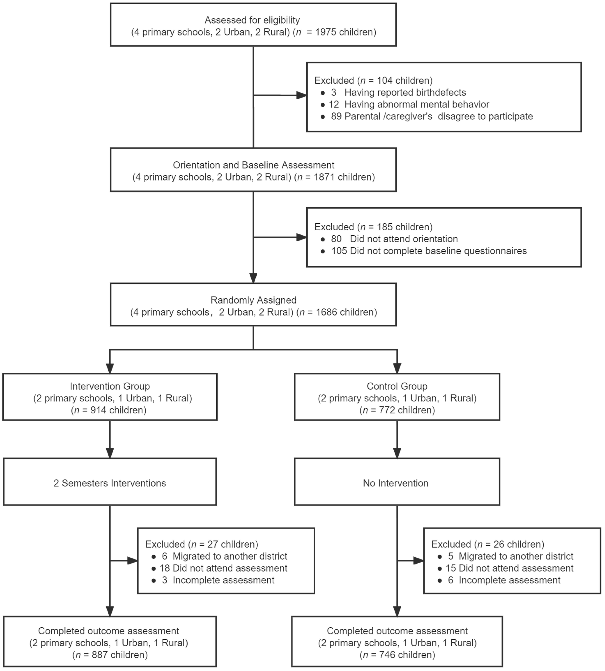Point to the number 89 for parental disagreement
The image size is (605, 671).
click(x=336, y=116)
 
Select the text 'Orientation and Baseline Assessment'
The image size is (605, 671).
click(x=253, y=165)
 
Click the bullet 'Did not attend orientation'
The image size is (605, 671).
click(x=404, y=239)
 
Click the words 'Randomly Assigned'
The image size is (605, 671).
click(x=253, y=300)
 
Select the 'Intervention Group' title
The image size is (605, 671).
click(x=110, y=386)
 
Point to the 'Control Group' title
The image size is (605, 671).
click(x=397, y=386)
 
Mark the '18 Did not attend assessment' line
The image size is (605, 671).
click(x=223, y=568)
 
